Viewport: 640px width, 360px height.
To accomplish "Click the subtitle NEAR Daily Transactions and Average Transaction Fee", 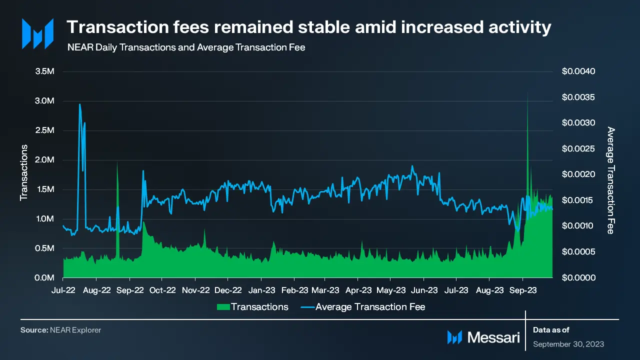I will pyautogui.click(x=186, y=48).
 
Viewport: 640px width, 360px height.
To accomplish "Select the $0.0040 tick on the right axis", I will pyautogui.click(x=578, y=71).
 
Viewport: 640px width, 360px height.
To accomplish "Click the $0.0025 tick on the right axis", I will pyautogui.click(x=578, y=149).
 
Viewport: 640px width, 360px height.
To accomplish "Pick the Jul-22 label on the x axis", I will pyautogui.click(x=63, y=290).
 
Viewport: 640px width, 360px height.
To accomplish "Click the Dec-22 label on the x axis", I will pyautogui.click(x=228, y=290).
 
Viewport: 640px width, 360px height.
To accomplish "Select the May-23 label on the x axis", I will pyautogui.click(x=391, y=290).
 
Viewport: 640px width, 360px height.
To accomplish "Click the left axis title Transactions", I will pyautogui.click(x=23, y=172).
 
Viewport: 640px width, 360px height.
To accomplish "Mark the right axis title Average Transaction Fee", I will pyautogui.click(x=610, y=180).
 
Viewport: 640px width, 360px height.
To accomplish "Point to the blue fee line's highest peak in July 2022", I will pyautogui.click(x=79, y=104).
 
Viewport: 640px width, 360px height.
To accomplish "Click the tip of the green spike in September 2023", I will pyautogui.click(x=527, y=92).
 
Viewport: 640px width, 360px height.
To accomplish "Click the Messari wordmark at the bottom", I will pyautogui.click(x=493, y=337).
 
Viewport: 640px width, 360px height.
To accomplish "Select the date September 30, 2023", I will pyautogui.click(x=568, y=344).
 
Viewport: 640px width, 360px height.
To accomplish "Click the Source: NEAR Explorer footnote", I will pyautogui.click(x=60, y=330).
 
